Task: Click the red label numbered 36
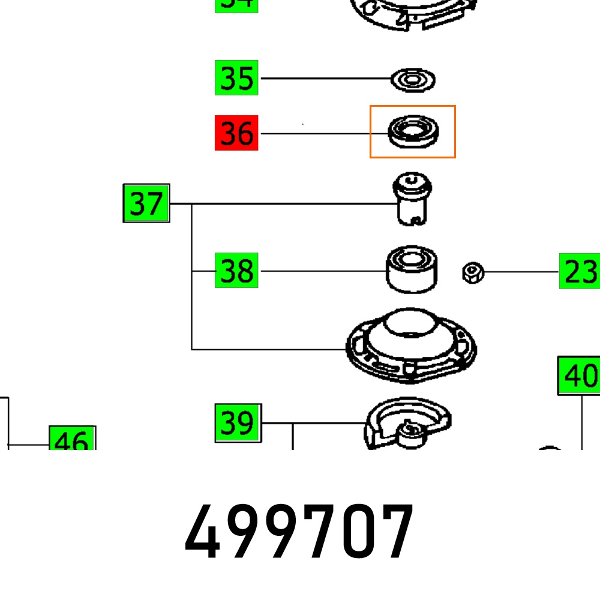pos(236,133)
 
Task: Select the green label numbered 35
pos(236,77)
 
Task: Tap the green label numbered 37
pos(146,203)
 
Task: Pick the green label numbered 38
pos(236,271)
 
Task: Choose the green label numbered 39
pos(238,423)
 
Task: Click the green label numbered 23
pos(579,271)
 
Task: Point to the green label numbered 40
pos(579,376)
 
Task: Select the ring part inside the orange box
pos(413,131)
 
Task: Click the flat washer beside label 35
pos(413,79)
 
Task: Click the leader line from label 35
pos(324,78)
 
